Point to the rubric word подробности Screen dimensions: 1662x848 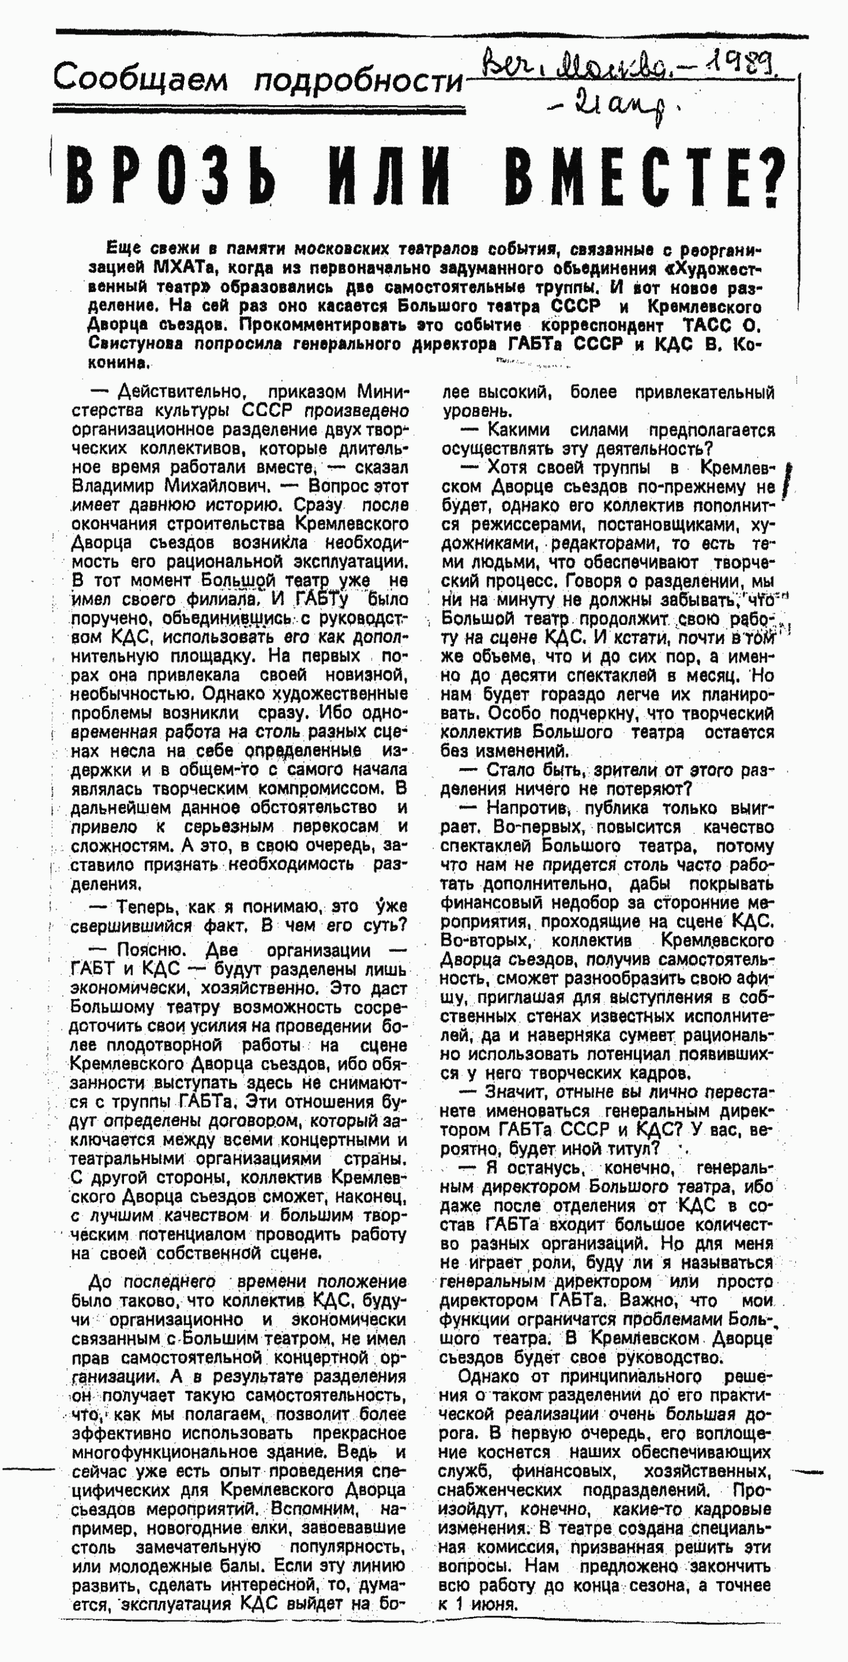click(x=358, y=81)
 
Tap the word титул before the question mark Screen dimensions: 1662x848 click(x=637, y=1149)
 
